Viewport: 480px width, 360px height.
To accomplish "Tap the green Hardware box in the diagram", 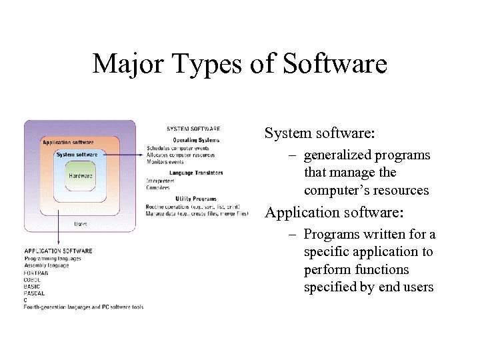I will coord(81,176).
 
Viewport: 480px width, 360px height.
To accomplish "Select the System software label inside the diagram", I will coord(77,155).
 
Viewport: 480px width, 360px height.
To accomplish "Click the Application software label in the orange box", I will coord(67,142).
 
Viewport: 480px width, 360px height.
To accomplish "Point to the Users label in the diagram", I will coord(80,224).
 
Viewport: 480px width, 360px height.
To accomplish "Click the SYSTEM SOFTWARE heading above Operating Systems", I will coord(193,129).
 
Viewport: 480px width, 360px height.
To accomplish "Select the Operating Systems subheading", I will coord(196,140).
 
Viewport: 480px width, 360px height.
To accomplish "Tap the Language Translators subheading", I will coord(196,173).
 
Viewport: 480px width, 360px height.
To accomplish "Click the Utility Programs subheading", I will coord(196,199).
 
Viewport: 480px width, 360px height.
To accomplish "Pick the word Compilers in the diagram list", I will coord(158,188).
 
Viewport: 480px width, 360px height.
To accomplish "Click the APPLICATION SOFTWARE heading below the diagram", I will coord(58,251).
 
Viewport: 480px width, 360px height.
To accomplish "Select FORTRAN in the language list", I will coord(36,273).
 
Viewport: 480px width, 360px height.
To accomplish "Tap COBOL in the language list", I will coord(33,280).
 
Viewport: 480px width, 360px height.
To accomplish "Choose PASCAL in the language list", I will coord(34,293).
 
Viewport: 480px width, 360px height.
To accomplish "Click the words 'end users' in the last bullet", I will coord(407,287).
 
